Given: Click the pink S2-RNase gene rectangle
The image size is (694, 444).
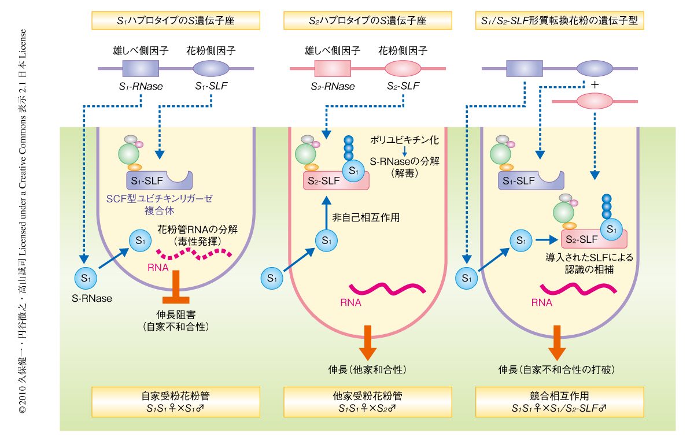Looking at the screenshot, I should (x=332, y=69).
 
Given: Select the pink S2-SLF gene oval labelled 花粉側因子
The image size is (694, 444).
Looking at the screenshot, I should (x=403, y=69).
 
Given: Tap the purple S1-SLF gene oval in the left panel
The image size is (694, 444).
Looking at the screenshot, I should (x=212, y=69).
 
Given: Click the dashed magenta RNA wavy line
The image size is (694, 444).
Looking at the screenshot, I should (x=194, y=253).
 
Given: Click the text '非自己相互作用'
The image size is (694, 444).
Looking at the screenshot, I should (x=366, y=218).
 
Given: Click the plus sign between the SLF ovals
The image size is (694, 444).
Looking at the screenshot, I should (x=595, y=85).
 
